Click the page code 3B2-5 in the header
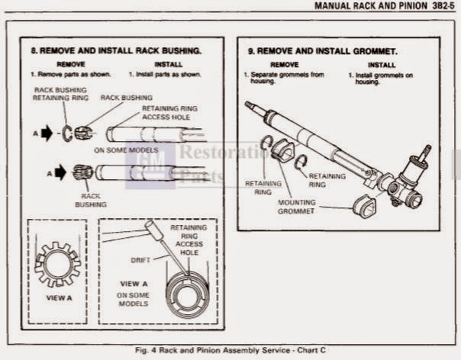[x=440, y=8]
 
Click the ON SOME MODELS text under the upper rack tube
[x=125, y=150]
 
